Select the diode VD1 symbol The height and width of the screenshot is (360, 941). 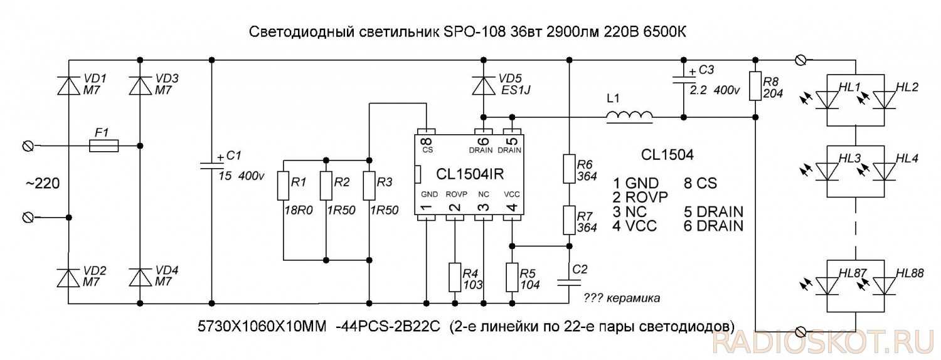pyautogui.click(x=68, y=86)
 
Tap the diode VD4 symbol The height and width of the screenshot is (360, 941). pyautogui.click(x=140, y=277)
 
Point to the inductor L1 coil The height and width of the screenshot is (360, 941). pyautogui.click(x=629, y=117)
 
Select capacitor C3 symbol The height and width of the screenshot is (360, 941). pyautogui.click(x=683, y=80)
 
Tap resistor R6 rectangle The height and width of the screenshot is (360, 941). pyautogui.click(x=569, y=168)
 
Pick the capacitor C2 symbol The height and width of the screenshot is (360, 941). pyautogui.click(x=569, y=280)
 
